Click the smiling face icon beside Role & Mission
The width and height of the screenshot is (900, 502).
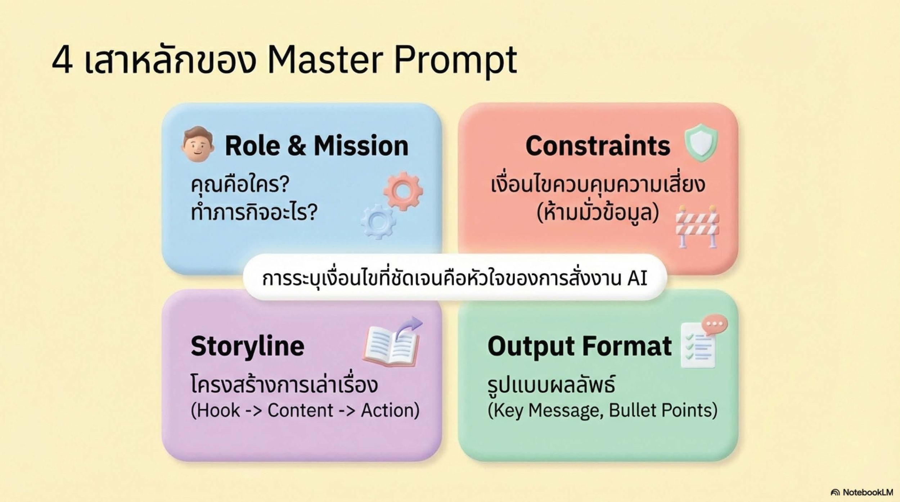(x=197, y=144)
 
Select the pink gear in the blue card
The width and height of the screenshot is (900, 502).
(x=403, y=191)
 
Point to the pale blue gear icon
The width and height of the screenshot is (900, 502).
(x=378, y=222)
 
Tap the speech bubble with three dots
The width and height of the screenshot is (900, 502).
(x=715, y=324)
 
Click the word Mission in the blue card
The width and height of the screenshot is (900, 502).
(x=361, y=146)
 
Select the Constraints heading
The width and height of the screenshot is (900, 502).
(x=598, y=146)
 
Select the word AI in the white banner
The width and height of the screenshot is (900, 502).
(x=637, y=278)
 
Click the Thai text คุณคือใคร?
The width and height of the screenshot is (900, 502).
(x=240, y=185)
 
